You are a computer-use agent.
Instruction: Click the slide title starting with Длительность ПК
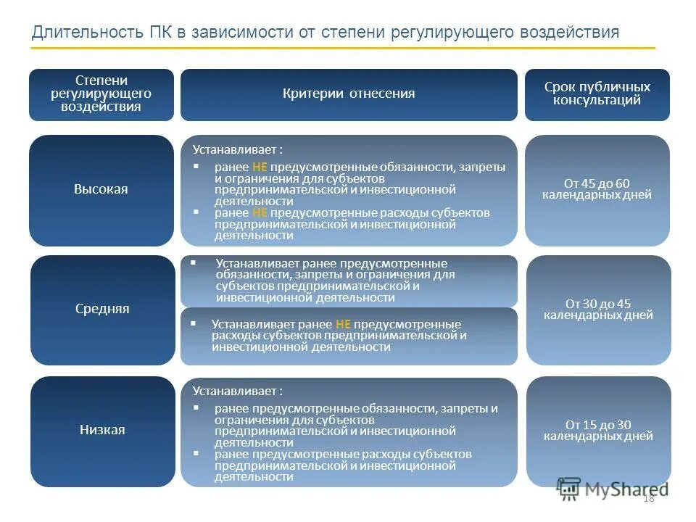point(326,33)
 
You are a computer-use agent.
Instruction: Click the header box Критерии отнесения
point(349,94)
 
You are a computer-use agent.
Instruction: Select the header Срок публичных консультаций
point(597,94)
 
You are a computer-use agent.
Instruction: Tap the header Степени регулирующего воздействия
point(101,94)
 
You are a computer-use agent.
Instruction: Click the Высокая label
point(101,189)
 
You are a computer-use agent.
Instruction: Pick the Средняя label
point(102,309)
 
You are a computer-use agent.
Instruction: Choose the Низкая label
point(102,430)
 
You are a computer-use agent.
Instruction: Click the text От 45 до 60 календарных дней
point(597,189)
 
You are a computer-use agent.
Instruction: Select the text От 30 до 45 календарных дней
point(598,310)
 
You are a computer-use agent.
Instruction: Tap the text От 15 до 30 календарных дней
point(598,430)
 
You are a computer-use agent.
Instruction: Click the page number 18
point(648,497)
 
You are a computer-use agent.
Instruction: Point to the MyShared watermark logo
point(612,489)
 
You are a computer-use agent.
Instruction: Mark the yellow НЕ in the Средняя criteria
point(344,324)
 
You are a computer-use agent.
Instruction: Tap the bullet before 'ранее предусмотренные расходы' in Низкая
point(196,453)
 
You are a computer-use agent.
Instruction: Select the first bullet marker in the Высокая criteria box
point(196,166)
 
